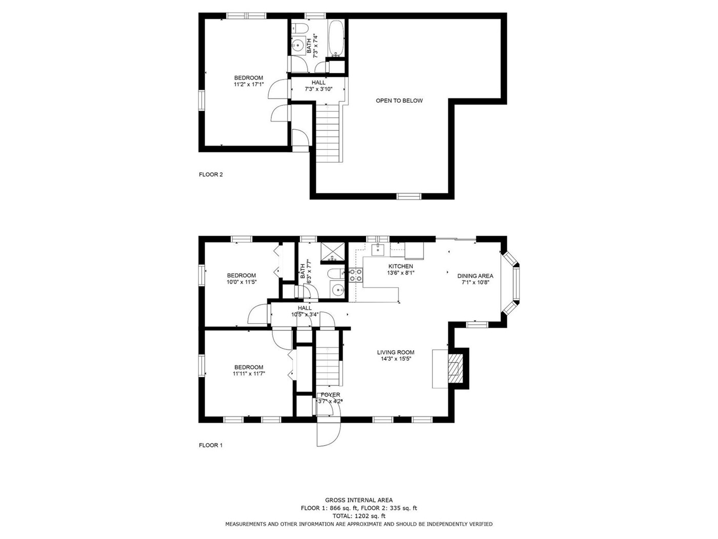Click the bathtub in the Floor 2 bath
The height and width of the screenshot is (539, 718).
(335, 38)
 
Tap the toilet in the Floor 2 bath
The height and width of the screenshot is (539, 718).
(300, 29)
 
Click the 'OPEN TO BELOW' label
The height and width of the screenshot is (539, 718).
(399, 101)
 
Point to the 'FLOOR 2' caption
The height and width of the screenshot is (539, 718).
(211, 175)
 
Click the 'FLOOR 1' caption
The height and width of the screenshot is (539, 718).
(211, 445)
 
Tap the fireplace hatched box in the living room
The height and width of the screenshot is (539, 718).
(455, 368)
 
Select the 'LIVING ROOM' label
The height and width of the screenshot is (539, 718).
(395, 352)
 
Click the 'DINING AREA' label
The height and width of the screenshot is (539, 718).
(475, 276)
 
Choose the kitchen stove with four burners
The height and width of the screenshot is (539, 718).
(355, 275)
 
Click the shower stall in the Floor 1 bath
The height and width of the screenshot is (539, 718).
(333, 252)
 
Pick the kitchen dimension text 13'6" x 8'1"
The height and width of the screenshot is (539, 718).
(401, 273)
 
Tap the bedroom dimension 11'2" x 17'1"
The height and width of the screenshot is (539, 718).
(249, 84)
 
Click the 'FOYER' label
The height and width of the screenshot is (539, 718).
(330, 395)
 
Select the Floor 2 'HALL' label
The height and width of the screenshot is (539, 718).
(318, 83)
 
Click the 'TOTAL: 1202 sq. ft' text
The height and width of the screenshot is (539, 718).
(359, 516)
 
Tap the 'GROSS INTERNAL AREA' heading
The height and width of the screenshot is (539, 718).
(359, 499)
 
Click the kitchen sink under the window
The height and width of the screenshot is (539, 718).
(378, 249)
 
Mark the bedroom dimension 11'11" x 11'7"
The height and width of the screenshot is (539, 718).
(249, 374)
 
